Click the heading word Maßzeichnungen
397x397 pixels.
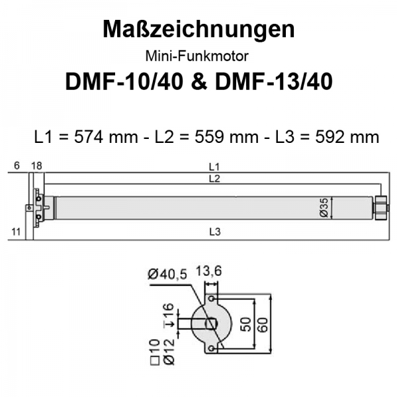point(198,30)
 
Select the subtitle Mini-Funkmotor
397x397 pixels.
point(198,56)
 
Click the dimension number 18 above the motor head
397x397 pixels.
point(36,166)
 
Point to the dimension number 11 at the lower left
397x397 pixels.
point(17,232)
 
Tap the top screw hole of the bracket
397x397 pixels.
point(212,300)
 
